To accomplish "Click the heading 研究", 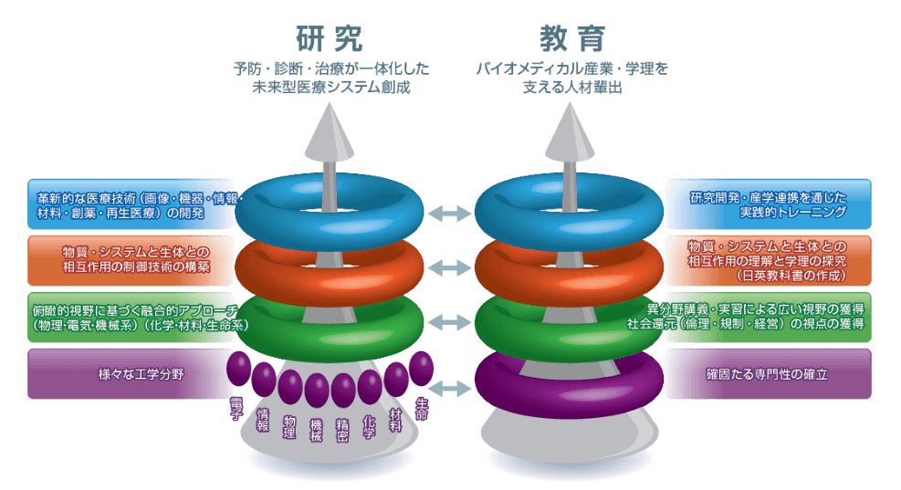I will pos(330,38).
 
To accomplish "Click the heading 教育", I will pos(571,38).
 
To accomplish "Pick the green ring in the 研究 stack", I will pos(330,319).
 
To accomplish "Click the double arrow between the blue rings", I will pos(449,214).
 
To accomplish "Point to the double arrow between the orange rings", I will pos(449,267).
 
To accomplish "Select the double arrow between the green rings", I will pos(449,320).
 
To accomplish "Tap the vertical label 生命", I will pos(422,407).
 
